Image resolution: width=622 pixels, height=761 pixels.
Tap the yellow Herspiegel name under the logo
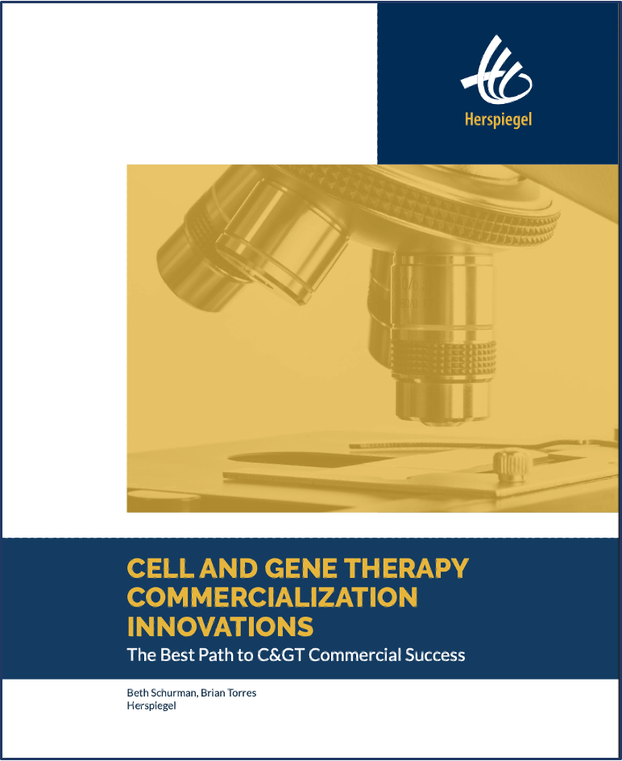(498, 119)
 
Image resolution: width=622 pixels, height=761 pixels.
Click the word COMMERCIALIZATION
(272, 597)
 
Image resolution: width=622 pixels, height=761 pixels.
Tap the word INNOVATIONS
(220, 626)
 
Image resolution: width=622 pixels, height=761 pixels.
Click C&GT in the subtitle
(280, 655)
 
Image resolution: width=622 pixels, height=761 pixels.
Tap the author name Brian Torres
(229, 692)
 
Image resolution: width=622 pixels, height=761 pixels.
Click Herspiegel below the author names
(151, 705)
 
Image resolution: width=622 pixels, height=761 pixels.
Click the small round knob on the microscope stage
(509, 465)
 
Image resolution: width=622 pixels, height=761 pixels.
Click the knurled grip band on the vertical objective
(443, 360)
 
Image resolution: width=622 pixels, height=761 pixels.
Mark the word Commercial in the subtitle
(355, 655)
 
